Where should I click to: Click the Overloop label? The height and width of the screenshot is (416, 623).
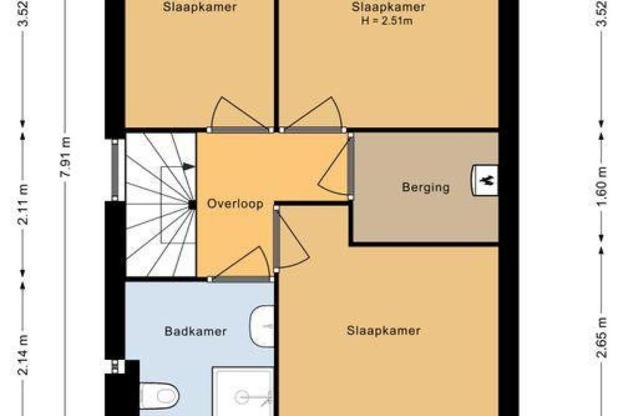coord(235,204)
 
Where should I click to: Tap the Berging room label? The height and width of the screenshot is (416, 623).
coord(426,187)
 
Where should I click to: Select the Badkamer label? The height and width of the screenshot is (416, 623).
coord(196,332)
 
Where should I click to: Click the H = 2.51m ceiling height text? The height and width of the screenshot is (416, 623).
coord(387,21)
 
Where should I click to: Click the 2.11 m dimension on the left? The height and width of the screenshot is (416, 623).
coord(22,204)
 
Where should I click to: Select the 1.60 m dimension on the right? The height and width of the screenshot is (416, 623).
coord(601,186)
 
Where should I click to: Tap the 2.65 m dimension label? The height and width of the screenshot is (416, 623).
coord(601,337)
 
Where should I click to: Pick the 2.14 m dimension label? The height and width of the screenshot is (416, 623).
coord(22,355)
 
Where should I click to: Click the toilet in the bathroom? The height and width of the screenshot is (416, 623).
coord(159,396)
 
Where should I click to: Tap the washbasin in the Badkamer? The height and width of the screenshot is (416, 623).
coord(262,326)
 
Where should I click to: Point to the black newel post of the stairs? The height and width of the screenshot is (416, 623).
coord(192,205)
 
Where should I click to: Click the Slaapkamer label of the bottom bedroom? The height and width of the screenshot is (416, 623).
coord(384,331)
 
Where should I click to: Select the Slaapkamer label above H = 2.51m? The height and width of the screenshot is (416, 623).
coord(388,7)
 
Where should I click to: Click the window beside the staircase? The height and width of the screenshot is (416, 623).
coord(115,170)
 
